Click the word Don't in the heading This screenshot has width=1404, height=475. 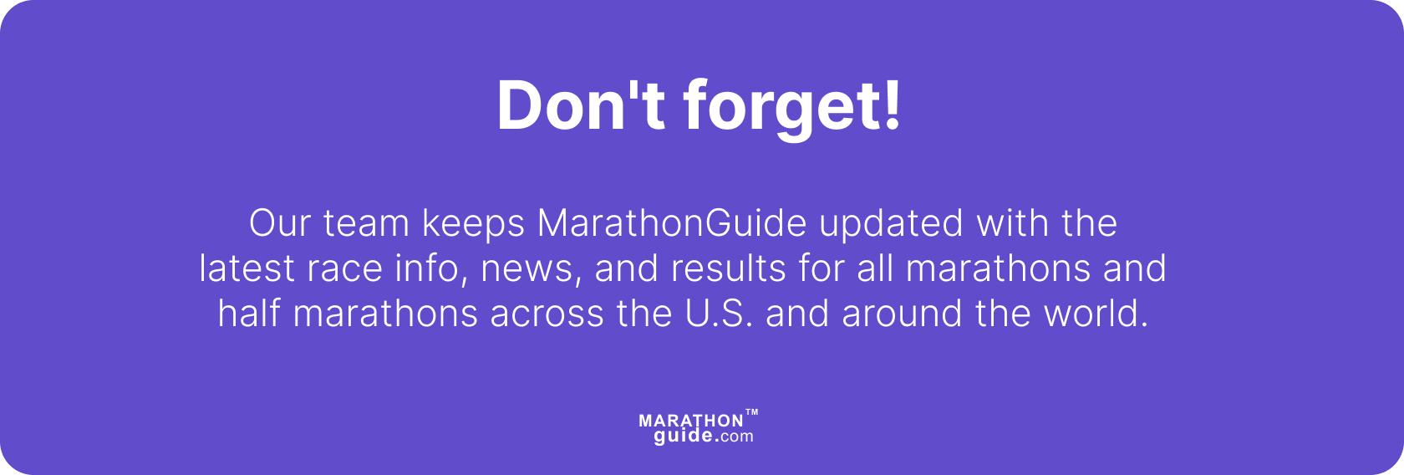click(x=581, y=106)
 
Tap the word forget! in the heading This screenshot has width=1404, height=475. click(x=792, y=106)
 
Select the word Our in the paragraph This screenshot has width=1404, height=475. click(x=280, y=223)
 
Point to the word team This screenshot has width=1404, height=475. click(x=366, y=223)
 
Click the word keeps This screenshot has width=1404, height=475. click(x=473, y=223)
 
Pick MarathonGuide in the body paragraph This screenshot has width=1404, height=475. click(x=672, y=223)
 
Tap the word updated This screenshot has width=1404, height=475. click(x=892, y=223)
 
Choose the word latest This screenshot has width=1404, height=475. click(x=247, y=268)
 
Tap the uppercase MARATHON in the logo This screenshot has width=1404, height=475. click(x=690, y=421)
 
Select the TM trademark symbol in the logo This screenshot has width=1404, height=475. click(x=751, y=412)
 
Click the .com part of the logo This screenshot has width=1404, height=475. click(x=735, y=437)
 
